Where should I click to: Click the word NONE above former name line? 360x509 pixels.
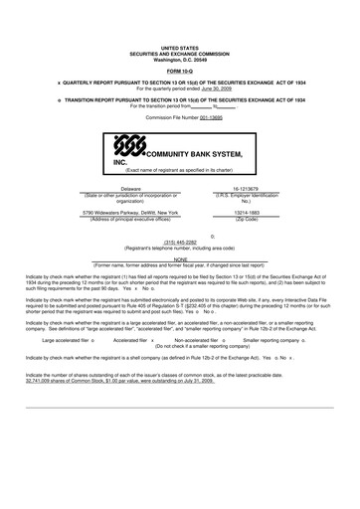pyautogui.click(x=179, y=259)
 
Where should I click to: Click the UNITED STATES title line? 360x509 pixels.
pyautogui.click(x=179, y=47)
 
